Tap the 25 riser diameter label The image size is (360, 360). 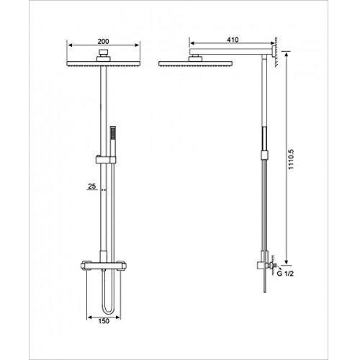(92, 186)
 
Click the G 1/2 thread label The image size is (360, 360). (286, 272)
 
